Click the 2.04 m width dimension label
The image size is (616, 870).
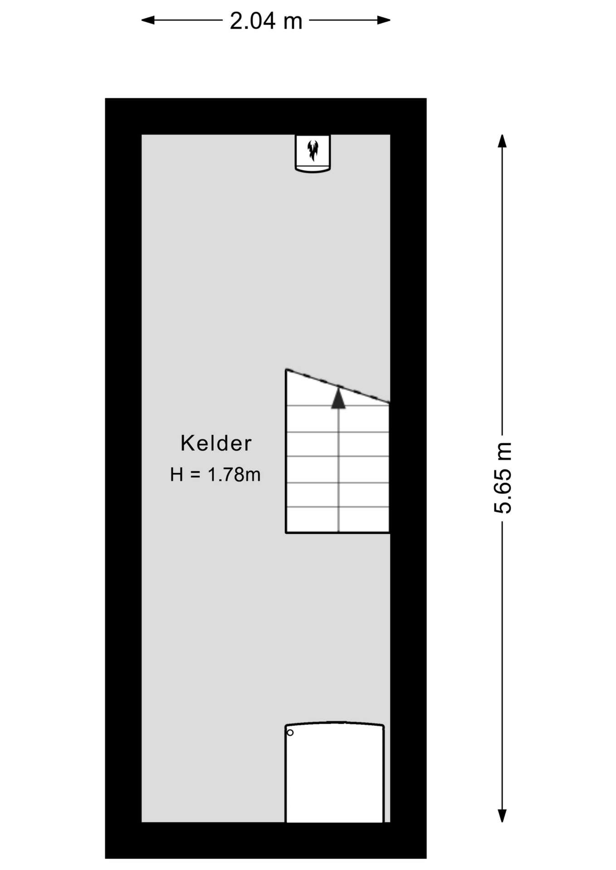point(266,21)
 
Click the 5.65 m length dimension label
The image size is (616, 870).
point(503,478)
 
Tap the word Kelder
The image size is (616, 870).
point(216,443)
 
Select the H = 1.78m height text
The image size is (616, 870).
point(215,474)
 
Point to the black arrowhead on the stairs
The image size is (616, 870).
point(338,398)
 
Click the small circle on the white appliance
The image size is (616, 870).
point(290,733)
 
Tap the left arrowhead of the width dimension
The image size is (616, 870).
point(148,20)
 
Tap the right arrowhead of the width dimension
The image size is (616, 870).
point(384,20)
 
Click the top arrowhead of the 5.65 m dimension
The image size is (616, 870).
point(502,141)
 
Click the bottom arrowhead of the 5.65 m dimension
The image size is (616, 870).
point(502,816)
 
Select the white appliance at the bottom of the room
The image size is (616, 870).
point(335,773)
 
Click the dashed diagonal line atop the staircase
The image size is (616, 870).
point(338,386)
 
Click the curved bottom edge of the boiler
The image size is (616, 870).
point(313,170)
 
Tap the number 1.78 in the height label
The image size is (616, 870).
point(225,474)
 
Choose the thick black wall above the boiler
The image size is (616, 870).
point(266,116)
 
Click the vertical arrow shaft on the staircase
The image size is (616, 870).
point(338,470)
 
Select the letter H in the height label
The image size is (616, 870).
point(176,474)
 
